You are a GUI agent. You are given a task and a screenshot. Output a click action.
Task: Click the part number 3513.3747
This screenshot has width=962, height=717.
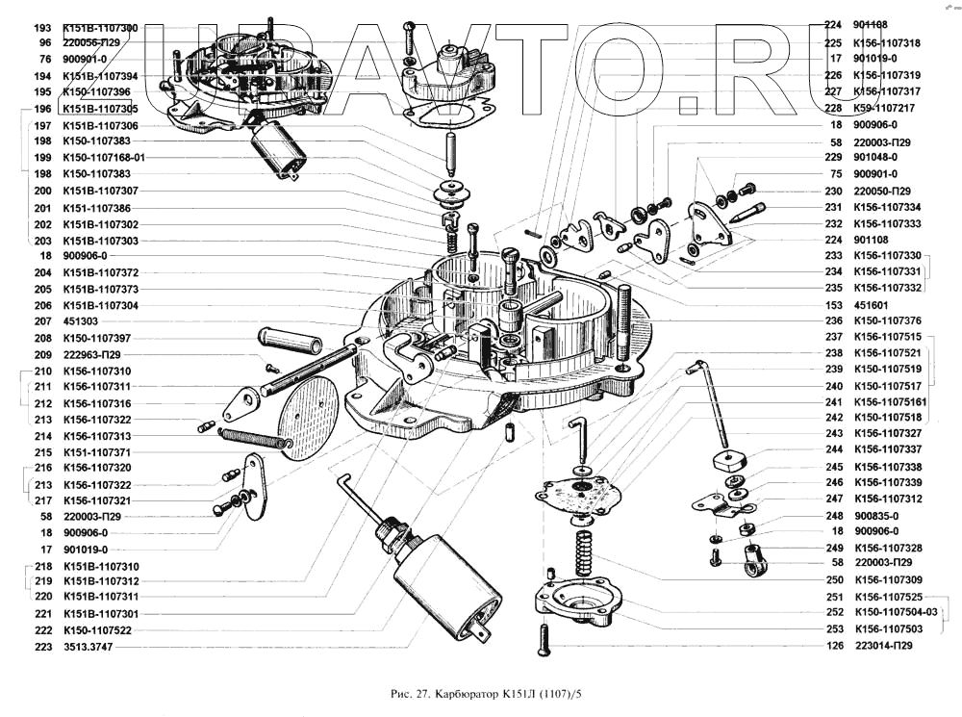[87, 647]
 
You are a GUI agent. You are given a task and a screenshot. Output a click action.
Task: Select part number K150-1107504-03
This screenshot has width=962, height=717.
[895, 612]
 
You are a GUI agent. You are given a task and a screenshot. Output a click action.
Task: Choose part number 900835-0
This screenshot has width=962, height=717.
[875, 515]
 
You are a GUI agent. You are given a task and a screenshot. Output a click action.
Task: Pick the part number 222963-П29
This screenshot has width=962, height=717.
[92, 354]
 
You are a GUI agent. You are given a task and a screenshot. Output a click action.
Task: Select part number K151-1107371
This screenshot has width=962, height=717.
[96, 451]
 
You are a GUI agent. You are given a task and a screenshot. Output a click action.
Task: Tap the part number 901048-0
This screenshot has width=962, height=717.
[875, 157]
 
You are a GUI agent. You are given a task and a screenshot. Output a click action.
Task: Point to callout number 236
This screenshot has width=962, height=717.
[833, 320]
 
